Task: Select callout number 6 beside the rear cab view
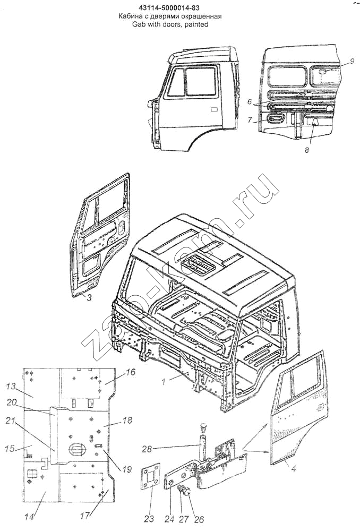click(250, 101)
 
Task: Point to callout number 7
click(250, 120)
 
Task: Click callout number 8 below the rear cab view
click(306, 150)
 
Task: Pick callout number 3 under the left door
click(88, 297)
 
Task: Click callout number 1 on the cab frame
click(164, 382)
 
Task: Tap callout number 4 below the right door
click(294, 469)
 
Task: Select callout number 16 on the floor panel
click(131, 372)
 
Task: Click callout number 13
click(11, 387)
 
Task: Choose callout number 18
click(127, 420)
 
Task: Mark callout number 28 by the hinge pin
click(147, 449)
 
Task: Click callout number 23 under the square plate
click(149, 518)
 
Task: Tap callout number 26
click(200, 518)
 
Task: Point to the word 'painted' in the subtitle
click(196, 24)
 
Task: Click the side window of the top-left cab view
click(201, 81)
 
